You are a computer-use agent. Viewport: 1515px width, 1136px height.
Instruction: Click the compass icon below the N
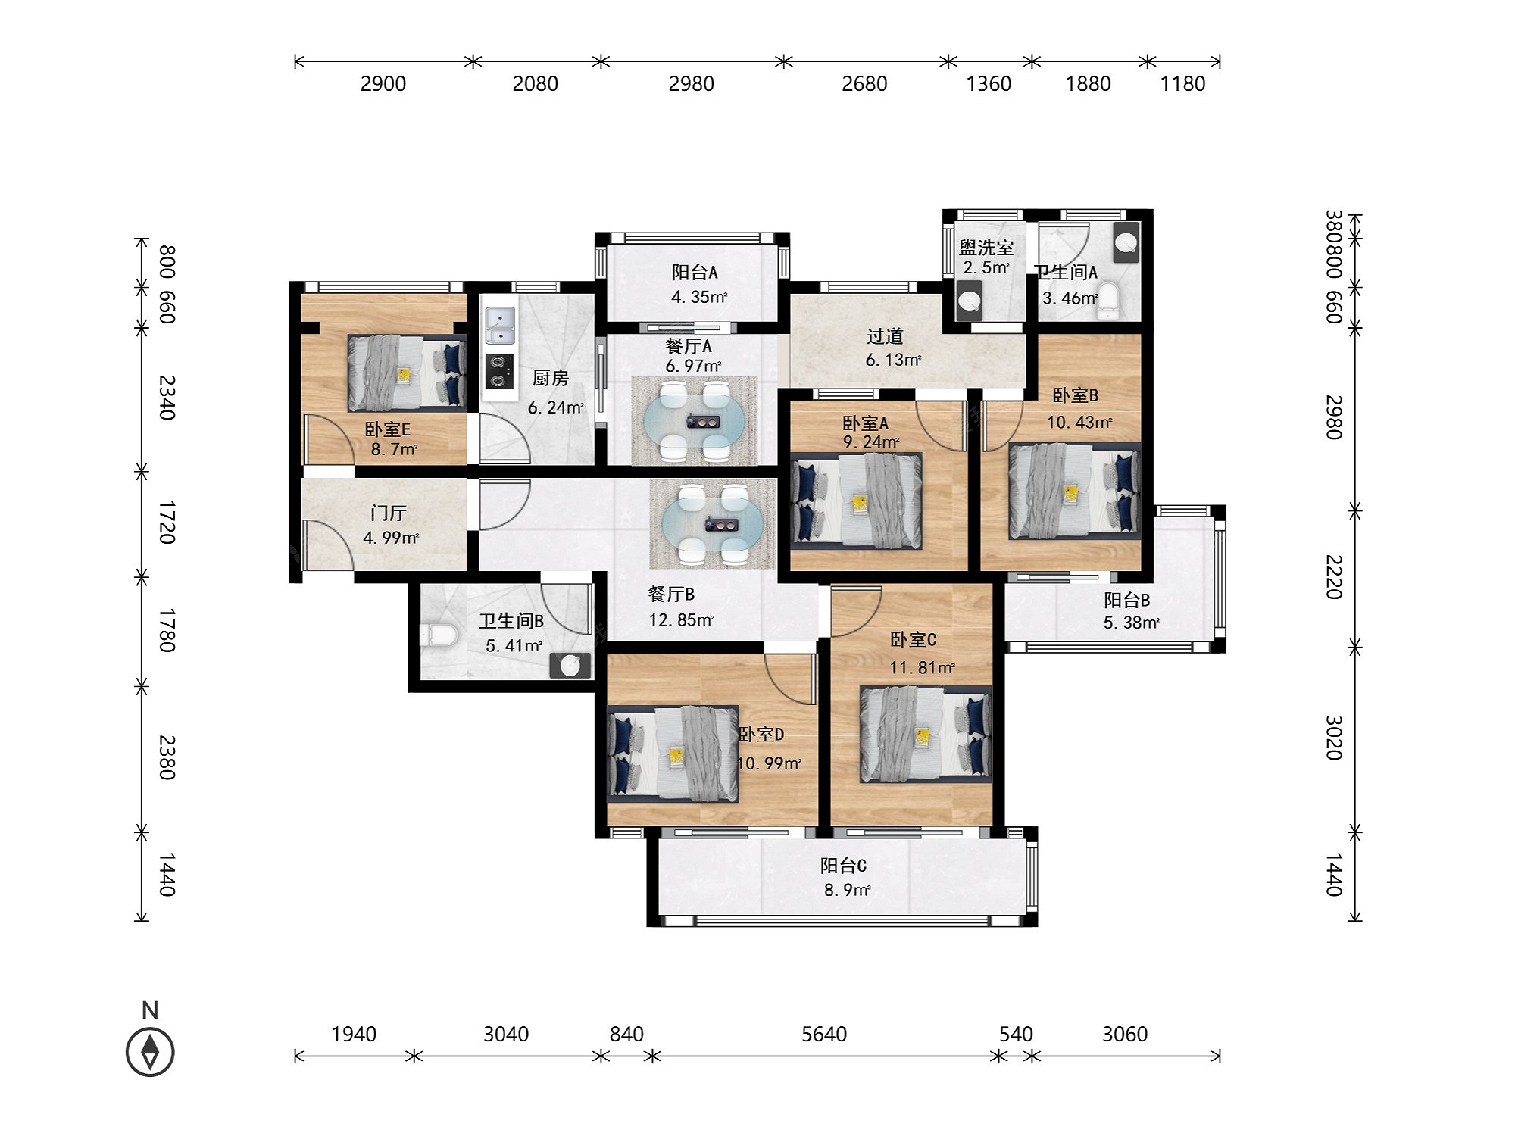pos(150,1052)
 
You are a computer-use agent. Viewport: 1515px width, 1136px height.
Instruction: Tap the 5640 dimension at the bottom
pos(824,1034)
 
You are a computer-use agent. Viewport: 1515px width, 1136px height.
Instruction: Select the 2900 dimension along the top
pos(383,83)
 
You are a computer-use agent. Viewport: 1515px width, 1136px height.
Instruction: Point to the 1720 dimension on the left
pos(167,522)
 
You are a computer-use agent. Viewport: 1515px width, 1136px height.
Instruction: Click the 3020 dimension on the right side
pos(1334,738)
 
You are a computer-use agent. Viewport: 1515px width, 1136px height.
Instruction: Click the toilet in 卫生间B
pos(439,635)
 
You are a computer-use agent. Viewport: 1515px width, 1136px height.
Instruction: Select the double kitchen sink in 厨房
pos(500,325)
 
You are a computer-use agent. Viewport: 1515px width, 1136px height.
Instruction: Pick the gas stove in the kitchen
pos(499,371)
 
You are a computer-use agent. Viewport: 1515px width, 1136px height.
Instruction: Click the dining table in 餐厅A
pos(695,421)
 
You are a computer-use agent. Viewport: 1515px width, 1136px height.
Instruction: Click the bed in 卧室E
pos(407,373)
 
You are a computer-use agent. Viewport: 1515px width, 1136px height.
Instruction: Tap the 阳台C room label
pos(843,865)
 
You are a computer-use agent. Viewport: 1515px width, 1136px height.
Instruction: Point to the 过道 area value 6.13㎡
pos(894,360)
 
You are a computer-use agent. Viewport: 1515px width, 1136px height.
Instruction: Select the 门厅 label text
pos(389,513)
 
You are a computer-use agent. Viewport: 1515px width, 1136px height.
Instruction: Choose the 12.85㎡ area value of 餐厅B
pos(682,619)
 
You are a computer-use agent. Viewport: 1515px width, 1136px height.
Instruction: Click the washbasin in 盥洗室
pos(970,299)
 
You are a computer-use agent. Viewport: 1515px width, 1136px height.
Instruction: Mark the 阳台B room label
pos(1126,600)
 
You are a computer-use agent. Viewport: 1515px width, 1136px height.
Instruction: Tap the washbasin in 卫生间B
pos(570,666)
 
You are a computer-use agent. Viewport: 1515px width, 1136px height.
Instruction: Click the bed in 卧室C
pos(925,734)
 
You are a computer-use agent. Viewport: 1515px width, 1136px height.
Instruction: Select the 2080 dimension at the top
pos(535,83)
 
